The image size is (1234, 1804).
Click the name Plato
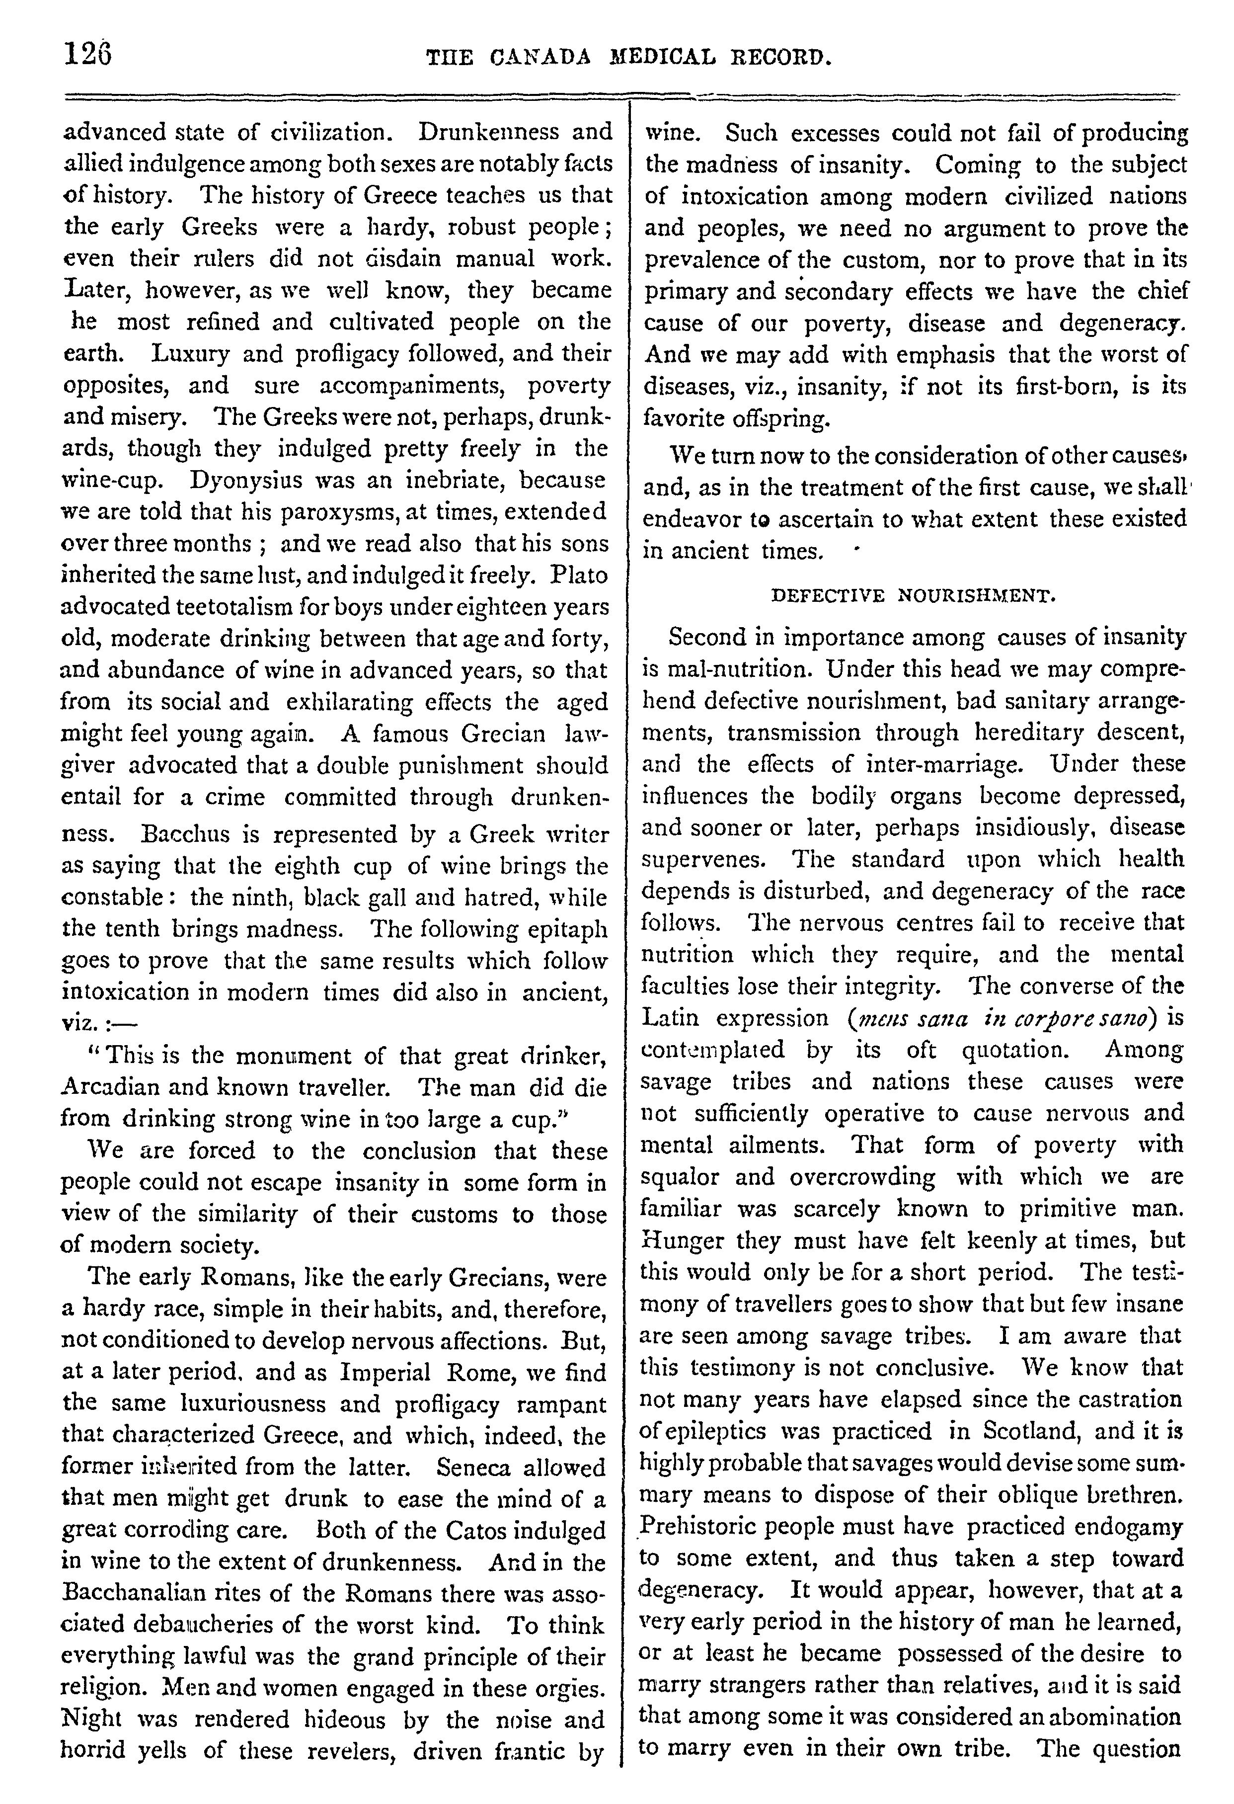(579, 575)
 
